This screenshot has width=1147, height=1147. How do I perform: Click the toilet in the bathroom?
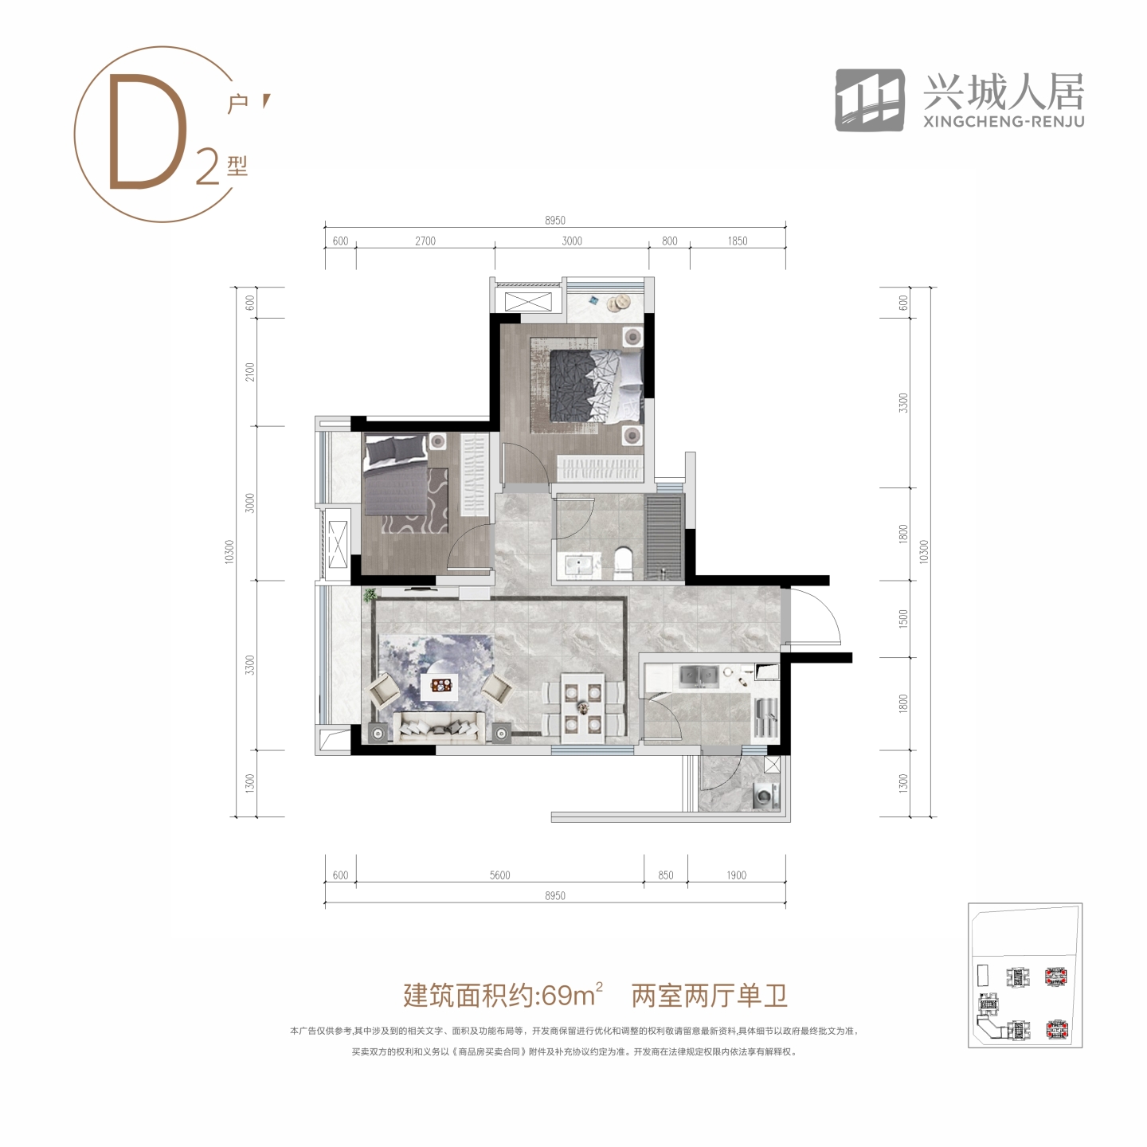pyautogui.click(x=623, y=563)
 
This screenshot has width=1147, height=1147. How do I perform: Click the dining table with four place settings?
pyautogui.click(x=583, y=707)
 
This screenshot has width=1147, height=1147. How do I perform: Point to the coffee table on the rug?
pyautogui.click(x=440, y=687)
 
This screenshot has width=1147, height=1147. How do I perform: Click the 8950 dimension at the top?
pyautogui.click(x=554, y=220)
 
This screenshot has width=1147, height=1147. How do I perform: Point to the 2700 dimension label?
pyautogui.click(x=425, y=241)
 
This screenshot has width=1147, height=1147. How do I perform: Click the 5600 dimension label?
pyautogui.click(x=500, y=875)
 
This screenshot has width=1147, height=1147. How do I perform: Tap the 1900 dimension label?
pyautogui.click(x=736, y=875)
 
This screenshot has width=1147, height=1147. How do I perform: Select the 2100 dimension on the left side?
pyautogui.click(x=250, y=372)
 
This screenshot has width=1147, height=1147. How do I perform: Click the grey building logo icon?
pyautogui.click(x=870, y=100)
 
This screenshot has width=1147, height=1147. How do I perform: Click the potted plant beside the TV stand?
pyautogui.click(x=370, y=595)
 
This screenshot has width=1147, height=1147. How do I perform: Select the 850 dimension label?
pyautogui.click(x=665, y=875)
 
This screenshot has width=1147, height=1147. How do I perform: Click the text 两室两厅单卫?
pyautogui.click(x=710, y=995)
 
